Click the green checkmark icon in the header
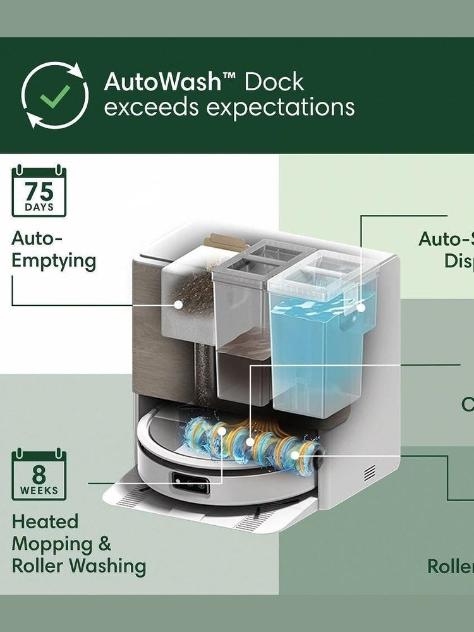[55, 95]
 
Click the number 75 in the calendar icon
[39, 191]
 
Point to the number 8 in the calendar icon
[39, 474]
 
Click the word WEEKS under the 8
[39, 490]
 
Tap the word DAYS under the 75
[39, 207]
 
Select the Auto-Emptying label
[54, 250]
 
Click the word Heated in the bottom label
[46, 522]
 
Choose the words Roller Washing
[79, 566]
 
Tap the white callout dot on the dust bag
[179, 304]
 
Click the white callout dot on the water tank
[362, 307]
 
